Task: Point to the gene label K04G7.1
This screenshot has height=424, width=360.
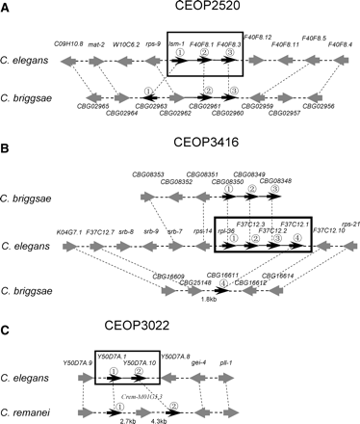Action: [x=66, y=231]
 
